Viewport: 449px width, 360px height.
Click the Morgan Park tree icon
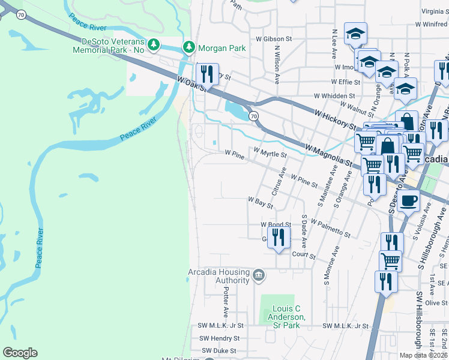(189, 46)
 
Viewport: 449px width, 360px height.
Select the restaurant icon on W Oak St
(207, 74)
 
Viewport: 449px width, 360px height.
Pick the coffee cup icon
(408, 200)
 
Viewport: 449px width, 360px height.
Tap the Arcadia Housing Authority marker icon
(259, 276)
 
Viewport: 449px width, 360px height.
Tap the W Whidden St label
(334, 96)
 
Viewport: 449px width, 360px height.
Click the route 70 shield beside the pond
(254, 116)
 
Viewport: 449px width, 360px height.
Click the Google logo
(20, 352)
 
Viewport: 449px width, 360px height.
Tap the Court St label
(303, 255)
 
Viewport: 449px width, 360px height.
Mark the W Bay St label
(261, 202)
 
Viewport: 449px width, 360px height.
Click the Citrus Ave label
(277, 181)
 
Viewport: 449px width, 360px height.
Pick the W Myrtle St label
(270, 153)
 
